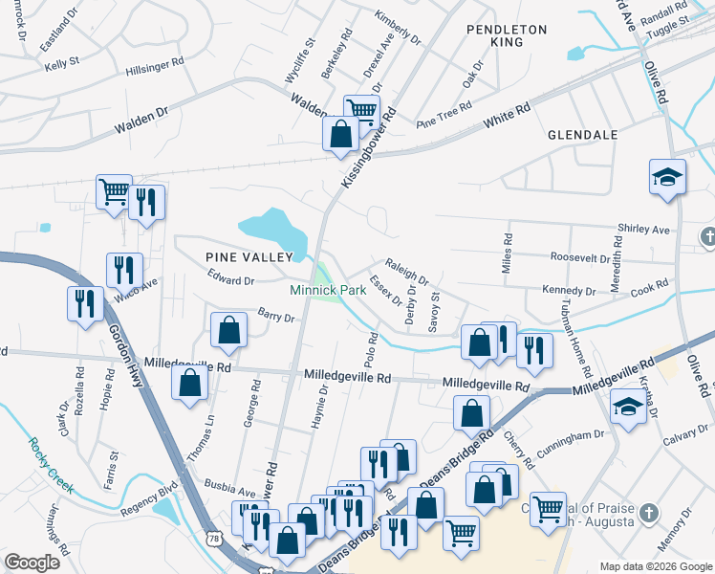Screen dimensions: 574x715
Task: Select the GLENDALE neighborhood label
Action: [x=583, y=136]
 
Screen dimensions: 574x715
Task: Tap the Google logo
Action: [x=32, y=563]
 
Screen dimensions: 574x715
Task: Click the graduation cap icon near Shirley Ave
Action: [x=666, y=178]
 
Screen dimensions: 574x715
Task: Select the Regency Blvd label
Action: [x=148, y=500]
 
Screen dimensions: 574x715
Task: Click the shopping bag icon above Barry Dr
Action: [x=228, y=331]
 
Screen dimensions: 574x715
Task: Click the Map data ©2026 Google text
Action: [x=657, y=566]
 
